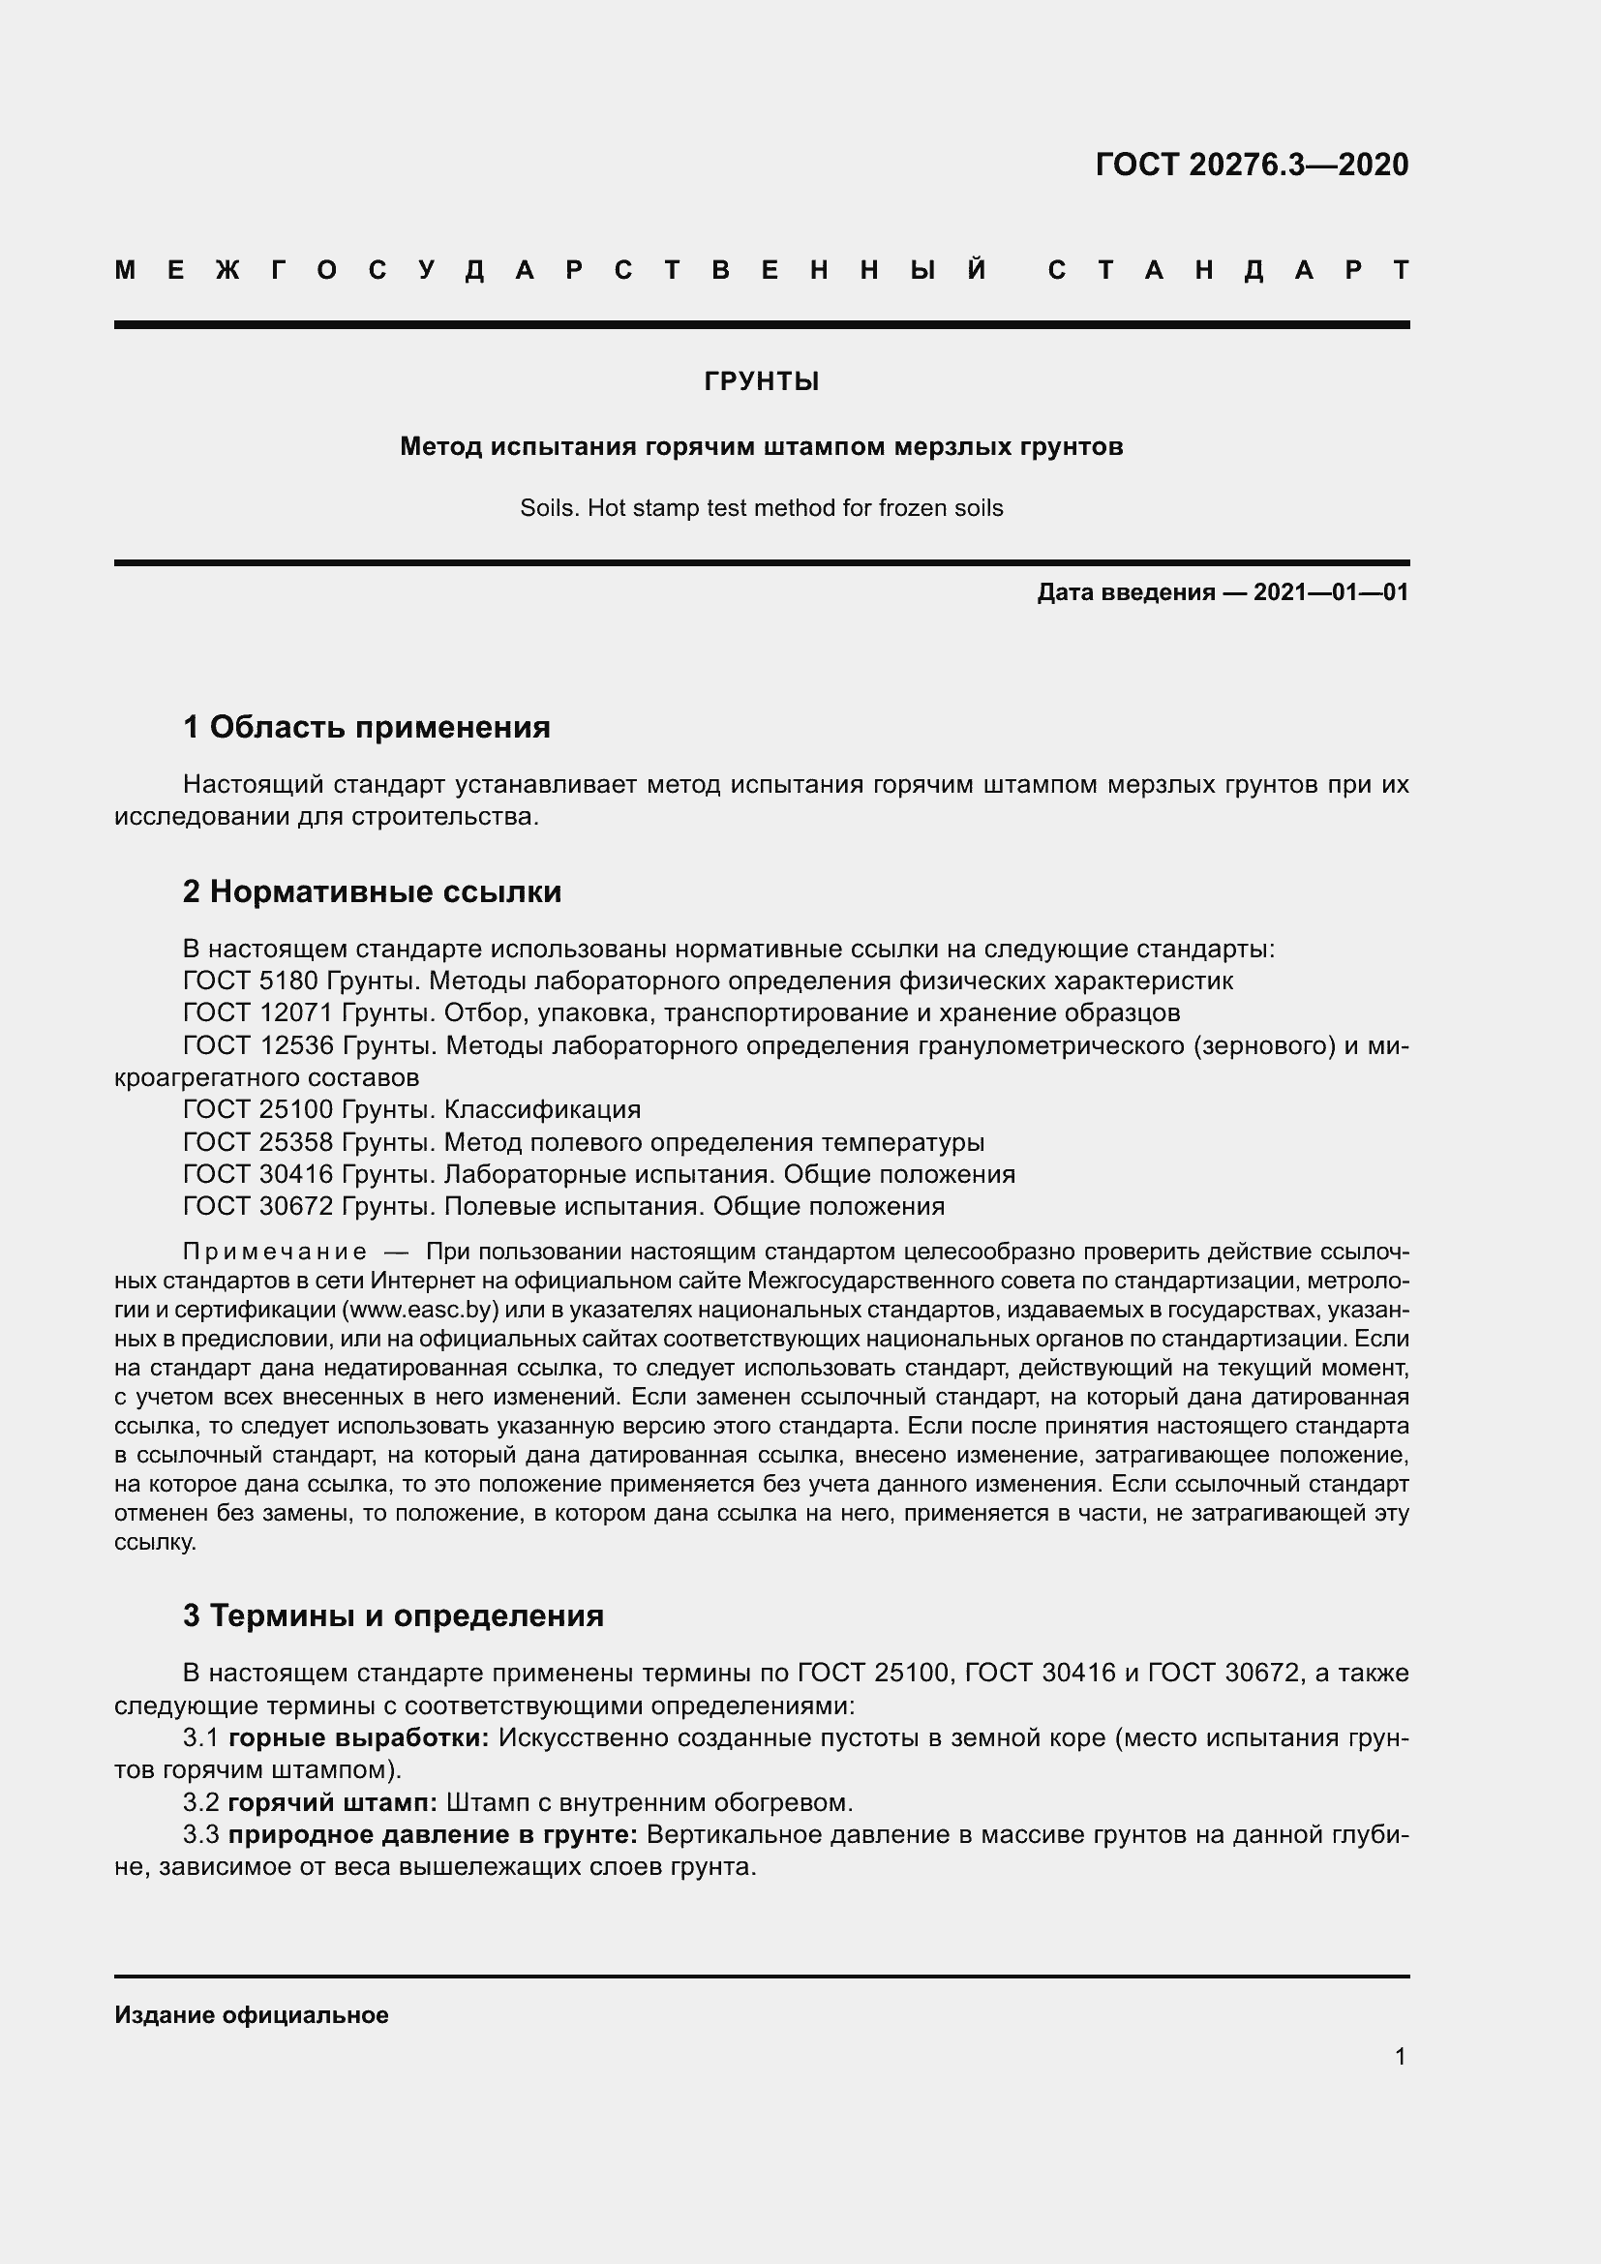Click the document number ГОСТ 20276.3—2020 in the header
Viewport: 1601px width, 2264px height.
pos(1251,165)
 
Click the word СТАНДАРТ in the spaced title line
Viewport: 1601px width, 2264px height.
pos(1227,270)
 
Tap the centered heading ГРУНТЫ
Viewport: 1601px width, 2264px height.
pos(761,381)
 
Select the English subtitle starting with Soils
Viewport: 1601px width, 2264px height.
pos(761,509)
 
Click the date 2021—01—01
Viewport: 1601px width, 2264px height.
pos(1331,592)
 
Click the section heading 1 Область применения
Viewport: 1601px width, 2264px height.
pos(367,728)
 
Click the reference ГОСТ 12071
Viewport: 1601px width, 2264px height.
pos(258,1012)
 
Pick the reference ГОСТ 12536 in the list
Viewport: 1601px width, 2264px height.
pos(258,1045)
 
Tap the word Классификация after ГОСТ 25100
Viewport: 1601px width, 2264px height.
pos(542,1110)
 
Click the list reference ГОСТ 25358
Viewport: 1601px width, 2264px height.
pos(258,1143)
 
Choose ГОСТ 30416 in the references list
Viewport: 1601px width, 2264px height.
pos(258,1174)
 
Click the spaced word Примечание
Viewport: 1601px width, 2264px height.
pos(275,1253)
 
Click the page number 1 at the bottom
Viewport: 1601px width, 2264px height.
pos(1400,2057)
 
